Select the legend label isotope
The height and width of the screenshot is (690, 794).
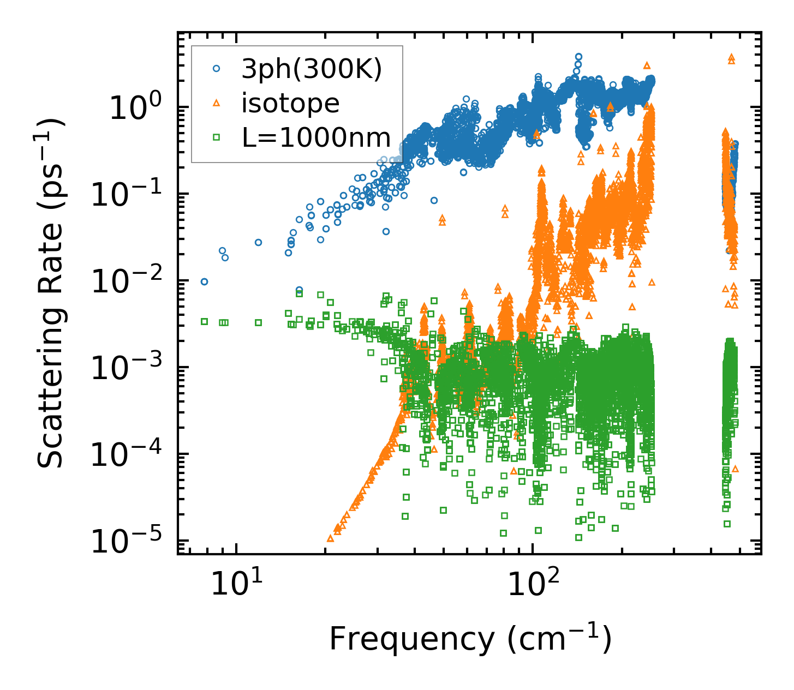[290, 103]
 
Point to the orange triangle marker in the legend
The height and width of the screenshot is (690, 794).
[216, 103]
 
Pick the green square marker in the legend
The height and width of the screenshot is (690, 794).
[216, 137]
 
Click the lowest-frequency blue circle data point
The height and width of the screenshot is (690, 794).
[204, 281]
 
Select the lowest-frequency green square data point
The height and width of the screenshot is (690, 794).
[204, 321]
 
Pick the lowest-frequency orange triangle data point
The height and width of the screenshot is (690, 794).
[330, 538]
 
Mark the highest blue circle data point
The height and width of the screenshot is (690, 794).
[579, 56]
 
